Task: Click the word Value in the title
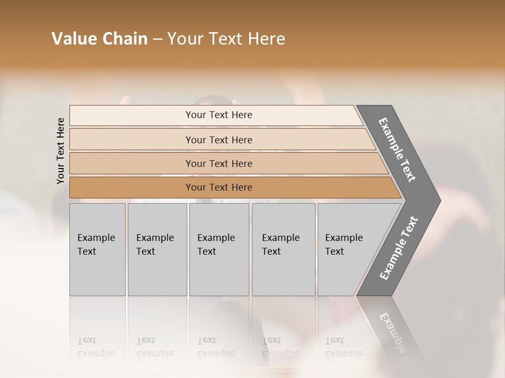click(x=73, y=38)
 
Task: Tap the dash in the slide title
click(x=157, y=39)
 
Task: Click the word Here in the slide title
click(x=266, y=38)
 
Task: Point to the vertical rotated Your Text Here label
click(x=61, y=151)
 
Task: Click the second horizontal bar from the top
click(x=219, y=140)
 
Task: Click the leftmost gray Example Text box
click(x=97, y=249)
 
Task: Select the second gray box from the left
click(x=157, y=249)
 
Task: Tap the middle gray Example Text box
click(x=219, y=249)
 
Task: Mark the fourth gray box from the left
click(x=284, y=249)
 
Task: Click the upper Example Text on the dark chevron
click(x=397, y=150)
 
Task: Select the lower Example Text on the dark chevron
click(x=398, y=248)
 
